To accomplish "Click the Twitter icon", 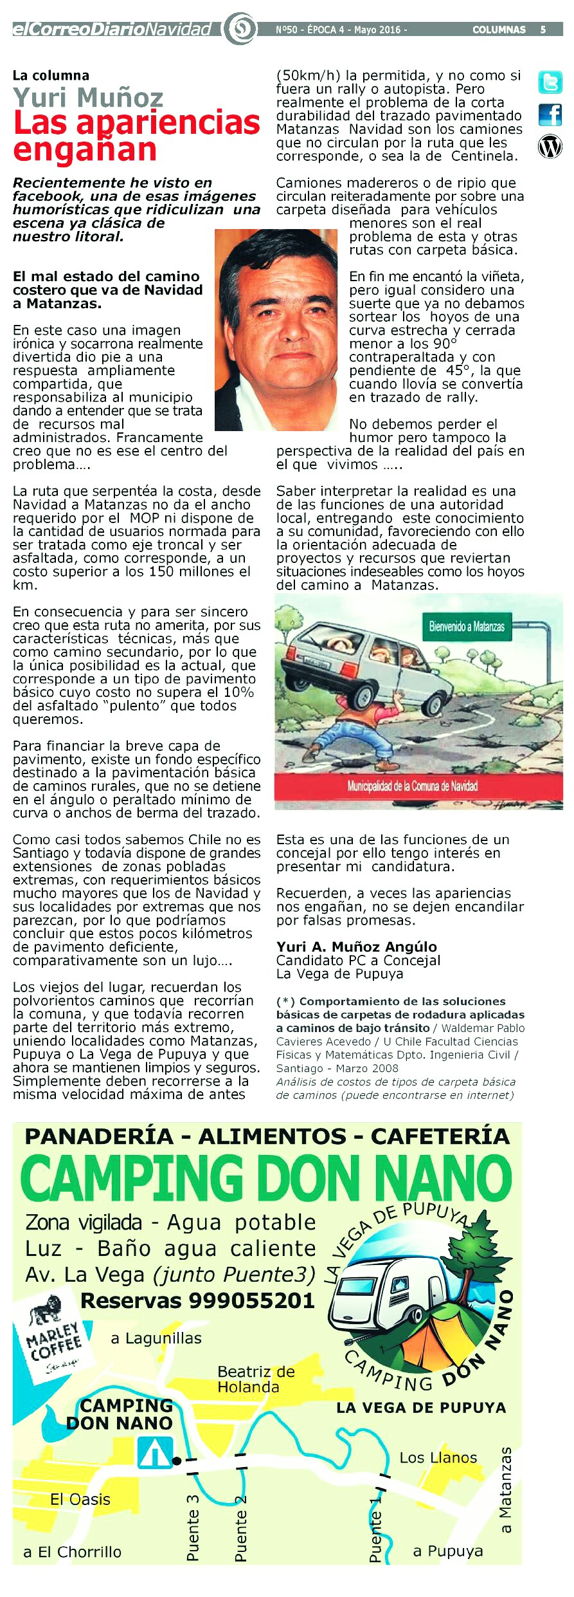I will [550, 82].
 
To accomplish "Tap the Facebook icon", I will [550, 115].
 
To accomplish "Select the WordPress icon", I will [550, 147].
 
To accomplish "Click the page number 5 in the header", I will [543, 30].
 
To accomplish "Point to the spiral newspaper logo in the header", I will [240, 29].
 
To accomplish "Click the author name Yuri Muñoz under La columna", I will [88, 98].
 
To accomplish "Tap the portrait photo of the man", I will [276, 329].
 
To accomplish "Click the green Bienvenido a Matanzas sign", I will [467, 626].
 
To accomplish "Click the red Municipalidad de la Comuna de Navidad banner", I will [412, 786].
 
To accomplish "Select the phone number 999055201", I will [251, 1300].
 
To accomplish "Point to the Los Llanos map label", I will [438, 1457].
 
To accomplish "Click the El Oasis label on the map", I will [80, 1499].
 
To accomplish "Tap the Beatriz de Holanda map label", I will [256, 1379].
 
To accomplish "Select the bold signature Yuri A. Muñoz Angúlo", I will [356, 946].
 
